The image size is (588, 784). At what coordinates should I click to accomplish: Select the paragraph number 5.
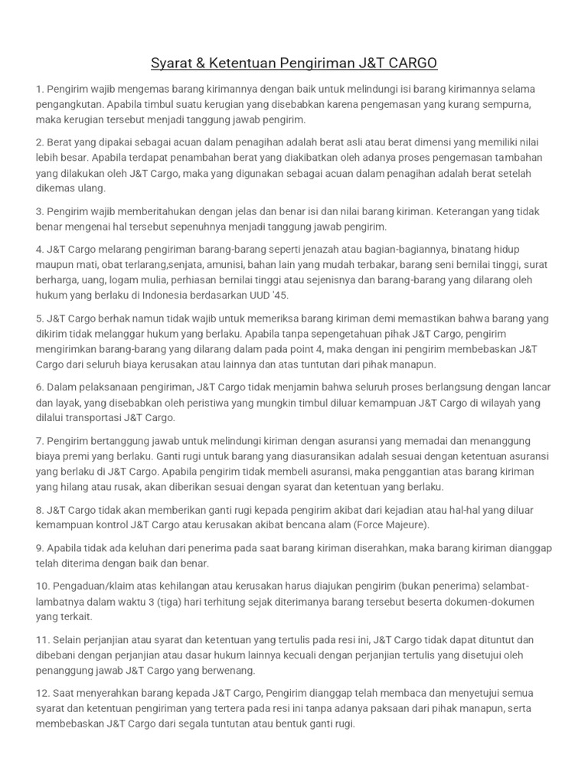point(40,318)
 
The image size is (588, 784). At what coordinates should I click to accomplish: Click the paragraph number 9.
point(40,549)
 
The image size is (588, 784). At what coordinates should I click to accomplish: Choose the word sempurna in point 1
point(509,105)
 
